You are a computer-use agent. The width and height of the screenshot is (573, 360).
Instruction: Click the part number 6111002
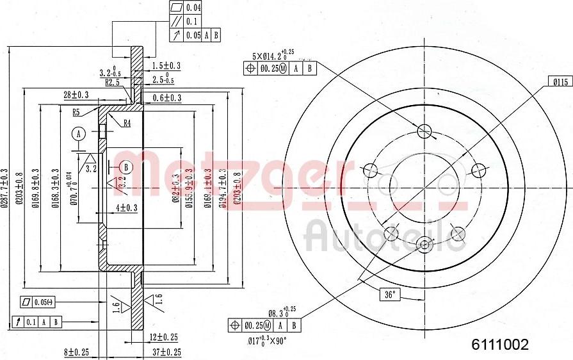coord(500,345)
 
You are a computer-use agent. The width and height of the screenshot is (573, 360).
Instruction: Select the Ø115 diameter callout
coord(560,82)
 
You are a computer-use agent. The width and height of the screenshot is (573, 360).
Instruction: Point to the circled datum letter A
coord(79,134)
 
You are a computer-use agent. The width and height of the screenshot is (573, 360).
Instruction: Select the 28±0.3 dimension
coord(76,95)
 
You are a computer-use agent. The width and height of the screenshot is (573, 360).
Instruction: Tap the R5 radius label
coord(76,112)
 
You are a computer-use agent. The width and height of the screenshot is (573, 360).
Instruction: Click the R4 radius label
coord(127,123)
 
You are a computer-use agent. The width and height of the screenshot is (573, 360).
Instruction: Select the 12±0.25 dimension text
coord(164,337)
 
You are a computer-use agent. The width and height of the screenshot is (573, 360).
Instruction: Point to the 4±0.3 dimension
coord(127,208)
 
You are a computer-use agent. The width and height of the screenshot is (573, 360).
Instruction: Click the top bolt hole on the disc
coord(423,131)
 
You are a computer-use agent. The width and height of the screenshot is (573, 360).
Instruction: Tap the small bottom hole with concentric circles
coord(423,245)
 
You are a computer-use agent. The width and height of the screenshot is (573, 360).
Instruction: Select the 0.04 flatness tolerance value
coord(193,8)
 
